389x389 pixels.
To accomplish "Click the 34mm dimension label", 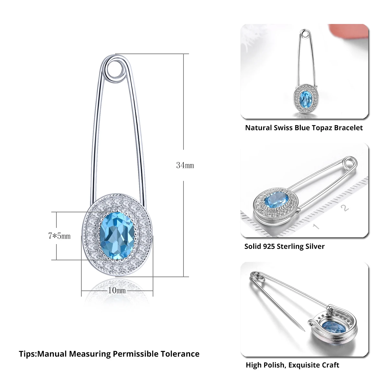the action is tap(185, 165).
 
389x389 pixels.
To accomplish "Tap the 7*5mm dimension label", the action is tap(59, 236).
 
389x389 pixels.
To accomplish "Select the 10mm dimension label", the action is tap(117, 290).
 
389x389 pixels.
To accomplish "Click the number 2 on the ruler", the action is tap(345, 208).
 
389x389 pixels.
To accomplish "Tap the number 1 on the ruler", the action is tap(316, 226).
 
